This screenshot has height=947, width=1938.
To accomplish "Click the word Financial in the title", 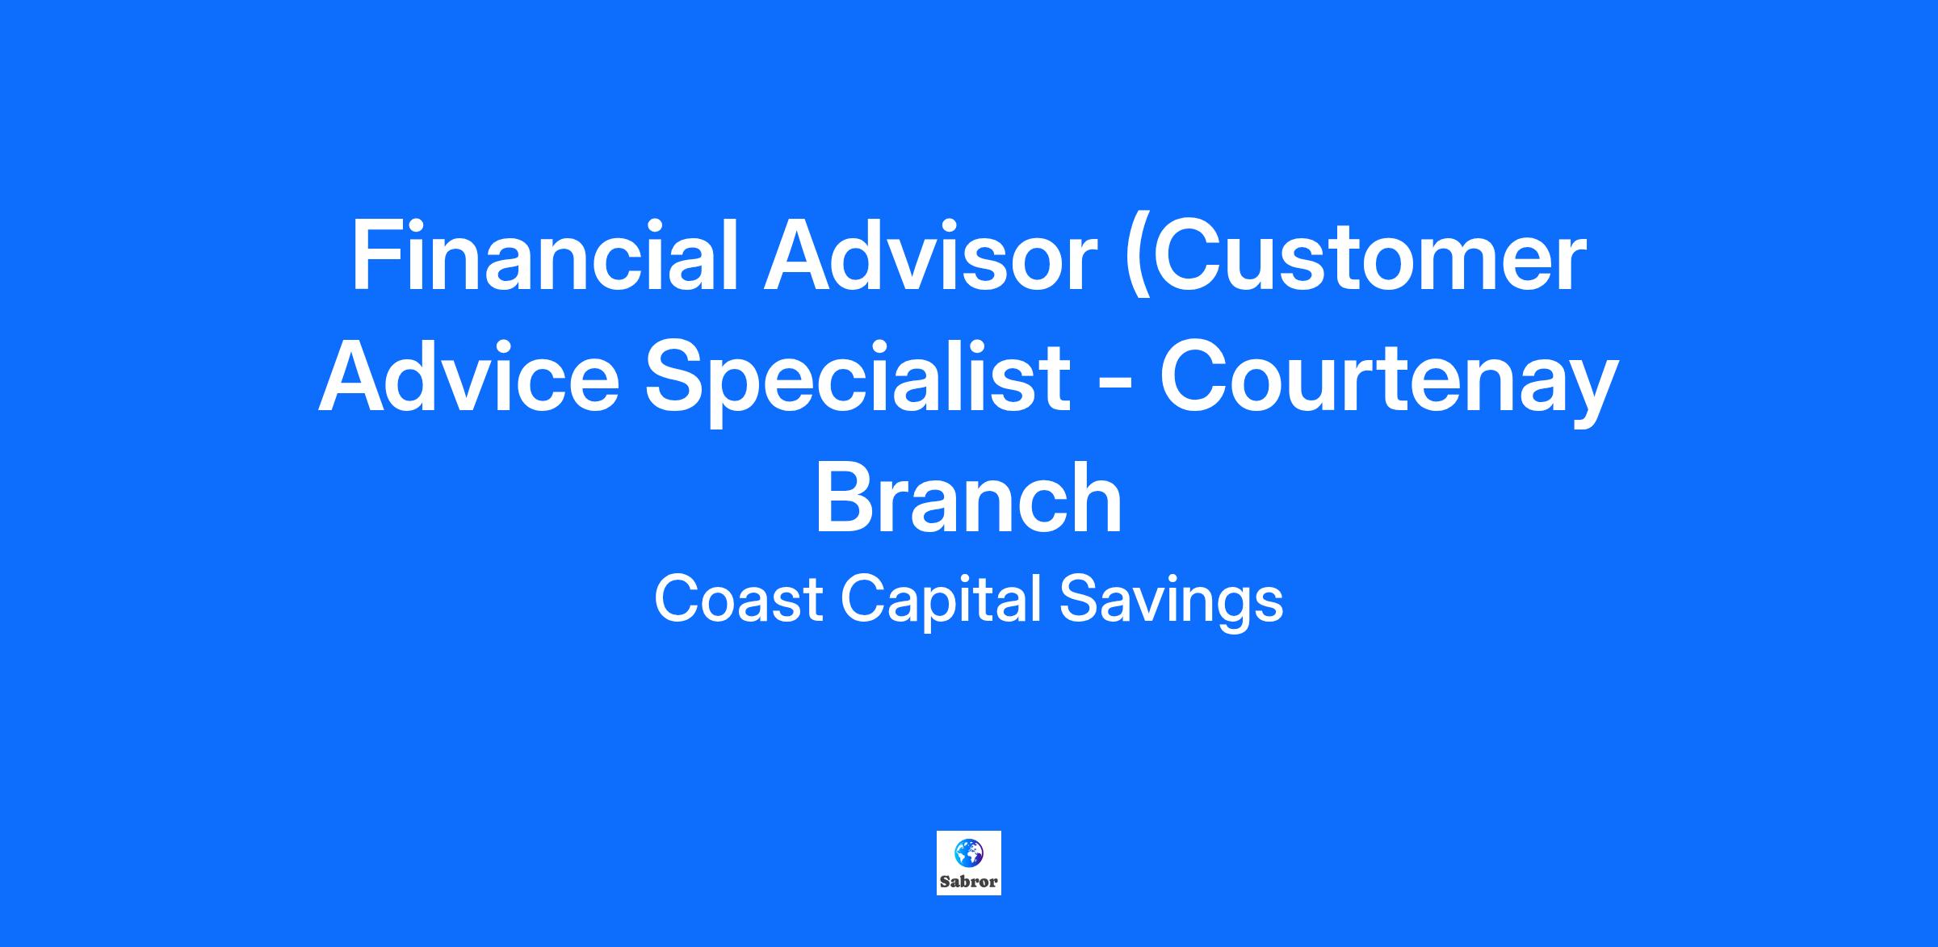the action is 545,255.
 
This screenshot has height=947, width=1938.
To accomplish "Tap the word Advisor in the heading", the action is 931,255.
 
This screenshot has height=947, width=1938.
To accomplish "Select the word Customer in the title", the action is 1370,255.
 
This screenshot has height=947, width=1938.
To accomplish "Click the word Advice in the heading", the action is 469,376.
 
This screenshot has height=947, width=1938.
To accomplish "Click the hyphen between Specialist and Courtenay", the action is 1115,386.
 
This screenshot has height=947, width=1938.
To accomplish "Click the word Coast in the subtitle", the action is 738,599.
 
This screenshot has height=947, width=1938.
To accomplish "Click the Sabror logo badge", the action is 969,863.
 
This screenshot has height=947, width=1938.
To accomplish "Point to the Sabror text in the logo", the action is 969,882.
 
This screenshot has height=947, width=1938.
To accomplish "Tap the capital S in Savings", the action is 1079,599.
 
